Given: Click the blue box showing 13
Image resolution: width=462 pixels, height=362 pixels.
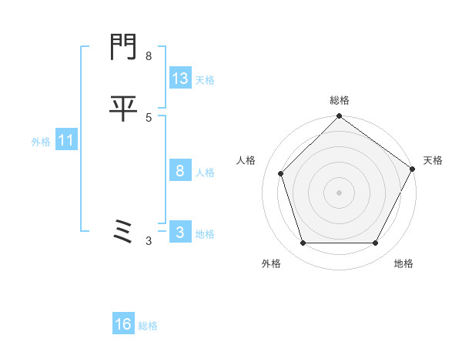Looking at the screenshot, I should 180,79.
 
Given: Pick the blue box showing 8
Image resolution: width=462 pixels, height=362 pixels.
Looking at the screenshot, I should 180,172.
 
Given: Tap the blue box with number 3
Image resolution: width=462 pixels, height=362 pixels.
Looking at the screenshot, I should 180,233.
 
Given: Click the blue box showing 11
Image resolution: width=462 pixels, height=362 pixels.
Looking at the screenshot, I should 66,141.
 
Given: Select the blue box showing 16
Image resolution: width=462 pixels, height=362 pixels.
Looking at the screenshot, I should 123,325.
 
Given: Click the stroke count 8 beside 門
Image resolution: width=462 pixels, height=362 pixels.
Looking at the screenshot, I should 149,56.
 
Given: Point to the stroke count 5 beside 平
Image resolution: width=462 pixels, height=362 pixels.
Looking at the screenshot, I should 149,117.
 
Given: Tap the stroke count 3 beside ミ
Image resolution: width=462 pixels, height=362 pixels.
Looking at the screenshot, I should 149,241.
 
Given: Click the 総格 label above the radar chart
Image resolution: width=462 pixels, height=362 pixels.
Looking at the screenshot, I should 340,100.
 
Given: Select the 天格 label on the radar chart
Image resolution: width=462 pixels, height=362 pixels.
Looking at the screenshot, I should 434,160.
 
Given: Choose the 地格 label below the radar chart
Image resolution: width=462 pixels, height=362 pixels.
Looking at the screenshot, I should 403,263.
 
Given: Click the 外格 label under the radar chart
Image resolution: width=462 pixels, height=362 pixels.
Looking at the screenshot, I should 271,263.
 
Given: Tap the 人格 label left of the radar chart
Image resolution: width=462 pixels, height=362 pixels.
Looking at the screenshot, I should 246,160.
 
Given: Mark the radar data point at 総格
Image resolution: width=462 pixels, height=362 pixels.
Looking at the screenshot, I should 339,117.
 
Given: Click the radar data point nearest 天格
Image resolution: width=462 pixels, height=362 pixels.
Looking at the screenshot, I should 412,169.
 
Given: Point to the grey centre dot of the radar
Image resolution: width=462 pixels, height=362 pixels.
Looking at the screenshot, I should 339,192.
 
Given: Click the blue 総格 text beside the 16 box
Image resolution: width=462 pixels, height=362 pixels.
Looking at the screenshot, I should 148,326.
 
